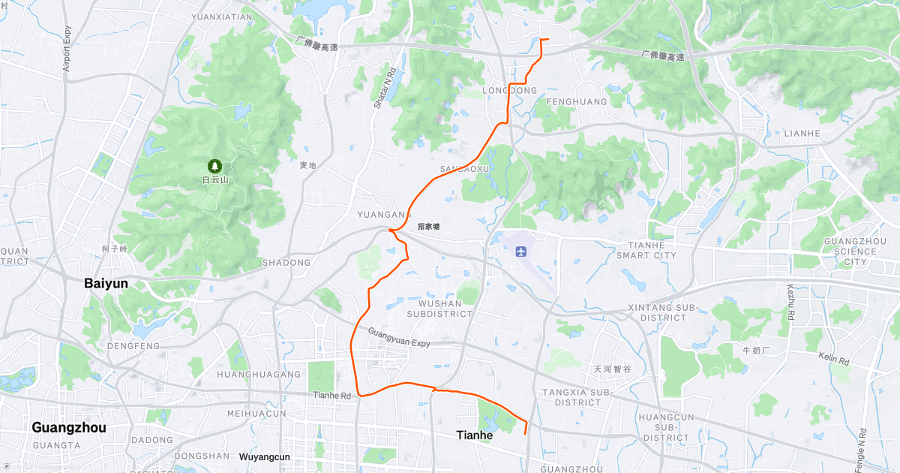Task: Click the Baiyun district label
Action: (x=106, y=283)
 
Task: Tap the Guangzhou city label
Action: (x=68, y=427)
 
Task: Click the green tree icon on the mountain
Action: (x=214, y=165)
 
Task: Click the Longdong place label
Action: (x=512, y=90)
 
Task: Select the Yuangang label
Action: (x=384, y=215)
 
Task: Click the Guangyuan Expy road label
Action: (x=399, y=336)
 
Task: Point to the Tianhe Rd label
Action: (x=331, y=396)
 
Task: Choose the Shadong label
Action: (x=286, y=263)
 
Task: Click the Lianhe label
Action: (x=801, y=133)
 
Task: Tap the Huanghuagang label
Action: (x=258, y=373)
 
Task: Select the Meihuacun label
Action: (x=256, y=413)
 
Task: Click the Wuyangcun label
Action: (x=264, y=456)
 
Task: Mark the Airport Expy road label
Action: (x=67, y=49)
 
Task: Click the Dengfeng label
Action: (x=133, y=346)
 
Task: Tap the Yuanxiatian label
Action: (x=222, y=16)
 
